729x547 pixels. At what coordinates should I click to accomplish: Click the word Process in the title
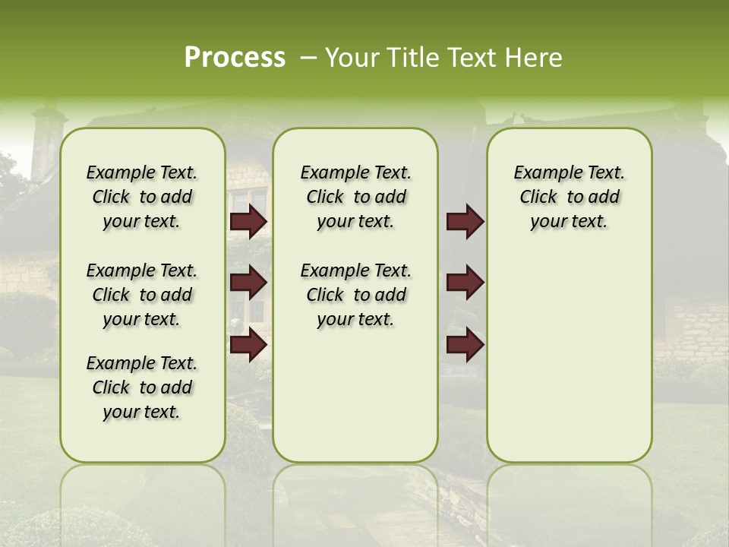(235, 58)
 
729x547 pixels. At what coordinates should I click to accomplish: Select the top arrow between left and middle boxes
(248, 221)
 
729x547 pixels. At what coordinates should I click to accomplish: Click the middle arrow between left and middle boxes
(248, 283)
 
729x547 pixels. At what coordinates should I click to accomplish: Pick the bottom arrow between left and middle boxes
(248, 344)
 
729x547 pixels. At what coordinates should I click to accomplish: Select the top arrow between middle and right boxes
(465, 221)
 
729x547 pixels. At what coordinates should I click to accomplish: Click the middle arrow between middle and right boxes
(465, 283)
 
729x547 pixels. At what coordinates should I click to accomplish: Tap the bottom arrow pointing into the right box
(465, 344)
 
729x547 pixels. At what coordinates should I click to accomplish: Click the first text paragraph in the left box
(142, 197)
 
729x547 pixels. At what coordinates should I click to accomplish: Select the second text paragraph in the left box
(142, 295)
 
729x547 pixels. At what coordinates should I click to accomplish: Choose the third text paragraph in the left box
(142, 387)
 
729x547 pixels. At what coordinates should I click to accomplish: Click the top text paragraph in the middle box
(355, 197)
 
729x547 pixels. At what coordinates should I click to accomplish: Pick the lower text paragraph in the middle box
(355, 295)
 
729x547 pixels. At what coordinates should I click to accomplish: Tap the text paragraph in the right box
(569, 197)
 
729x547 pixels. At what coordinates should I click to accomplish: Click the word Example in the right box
(543, 173)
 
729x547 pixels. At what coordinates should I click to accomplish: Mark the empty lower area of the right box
(569, 365)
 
